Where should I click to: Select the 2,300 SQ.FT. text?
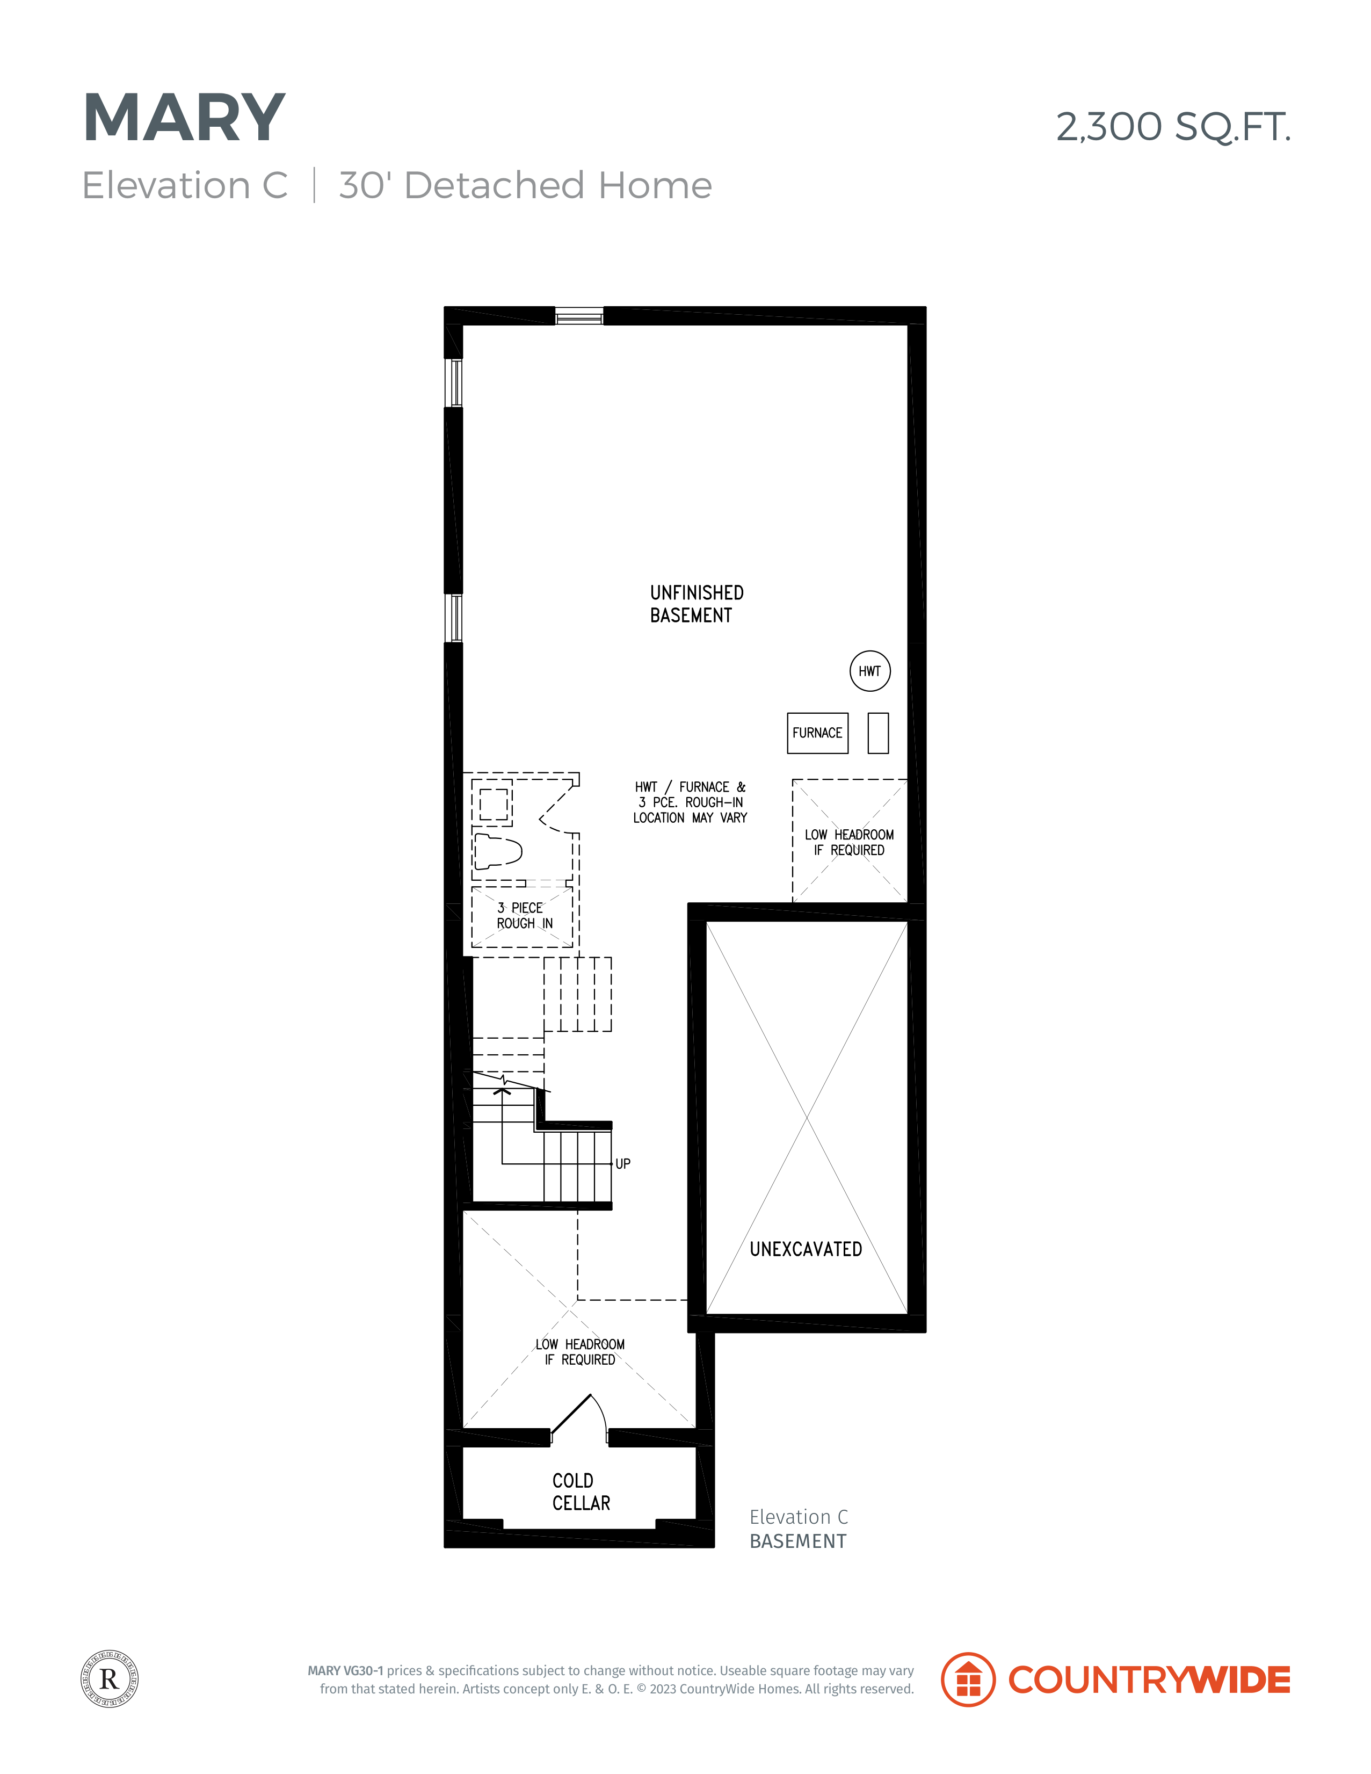pyautogui.click(x=1173, y=127)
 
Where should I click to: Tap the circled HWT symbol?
pyautogui.click(x=870, y=671)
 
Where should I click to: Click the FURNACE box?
pyautogui.click(x=818, y=733)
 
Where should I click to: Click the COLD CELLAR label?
pyautogui.click(x=581, y=1492)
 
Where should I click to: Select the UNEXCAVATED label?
pyautogui.click(x=806, y=1249)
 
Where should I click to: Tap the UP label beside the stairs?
pyautogui.click(x=623, y=1164)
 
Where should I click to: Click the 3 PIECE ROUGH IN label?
pyautogui.click(x=525, y=915)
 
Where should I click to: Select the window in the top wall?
pyautogui.click(x=579, y=316)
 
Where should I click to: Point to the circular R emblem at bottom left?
pyautogui.click(x=110, y=1678)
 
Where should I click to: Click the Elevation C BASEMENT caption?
pyautogui.click(x=799, y=1529)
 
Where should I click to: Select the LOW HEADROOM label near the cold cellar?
pyautogui.click(x=580, y=1352)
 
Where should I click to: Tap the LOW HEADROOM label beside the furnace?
pyautogui.click(x=850, y=842)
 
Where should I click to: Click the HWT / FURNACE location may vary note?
pyautogui.click(x=691, y=802)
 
